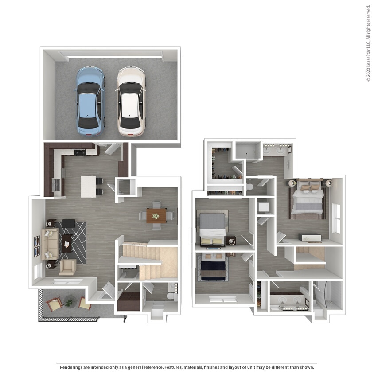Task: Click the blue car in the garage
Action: tap(90, 101)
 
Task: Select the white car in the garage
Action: tap(131, 101)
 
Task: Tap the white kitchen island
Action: tap(88, 187)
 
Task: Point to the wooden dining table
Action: tap(156, 216)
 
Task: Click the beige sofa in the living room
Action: tap(50, 243)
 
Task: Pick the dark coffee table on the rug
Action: tap(67, 243)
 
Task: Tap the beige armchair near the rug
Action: tap(67, 267)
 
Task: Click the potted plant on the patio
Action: tap(70, 303)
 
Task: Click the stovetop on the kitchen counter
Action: tap(80, 152)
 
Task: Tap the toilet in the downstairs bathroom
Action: tap(174, 296)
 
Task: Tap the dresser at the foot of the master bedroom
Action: tap(310, 237)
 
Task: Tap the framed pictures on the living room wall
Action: tap(37, 246)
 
